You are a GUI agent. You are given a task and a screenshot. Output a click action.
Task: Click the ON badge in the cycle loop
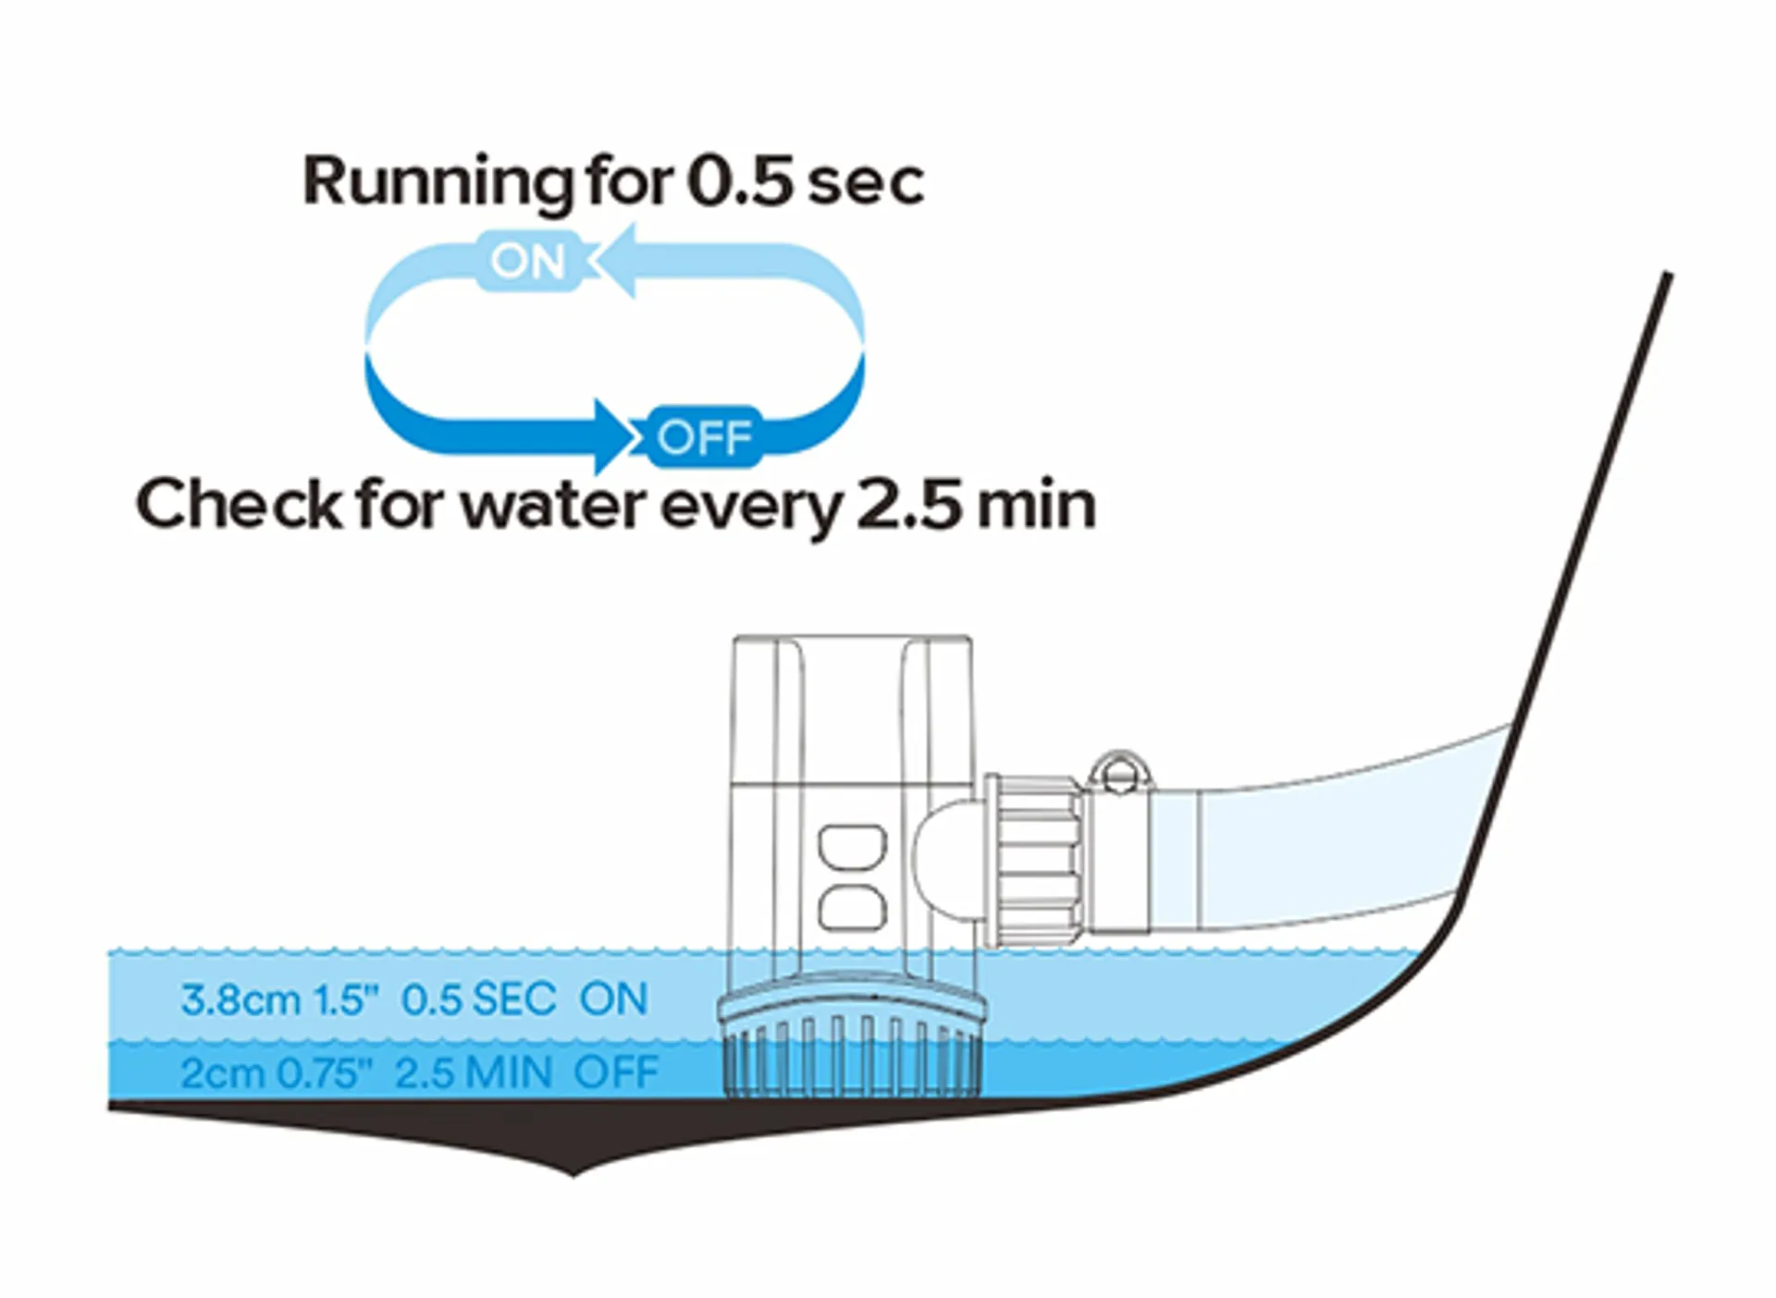[x=527, y=262]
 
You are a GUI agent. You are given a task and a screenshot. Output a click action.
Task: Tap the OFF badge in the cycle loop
[x=705, y=436]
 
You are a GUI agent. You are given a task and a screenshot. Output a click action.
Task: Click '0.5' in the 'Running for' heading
[x=740, y=181]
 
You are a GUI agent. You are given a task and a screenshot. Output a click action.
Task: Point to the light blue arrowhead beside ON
[x=614, y=262]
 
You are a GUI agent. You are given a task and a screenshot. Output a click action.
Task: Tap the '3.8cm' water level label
[x=240, y=1000]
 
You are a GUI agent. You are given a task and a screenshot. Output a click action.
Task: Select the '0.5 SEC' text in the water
[x=479, y=999]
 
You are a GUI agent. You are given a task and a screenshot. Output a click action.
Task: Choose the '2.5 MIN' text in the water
[x=474, y=1073]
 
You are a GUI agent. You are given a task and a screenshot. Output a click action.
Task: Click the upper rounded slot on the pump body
[x=852, y=848]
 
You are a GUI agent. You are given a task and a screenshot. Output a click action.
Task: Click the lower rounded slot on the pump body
[x=852, y=909]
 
